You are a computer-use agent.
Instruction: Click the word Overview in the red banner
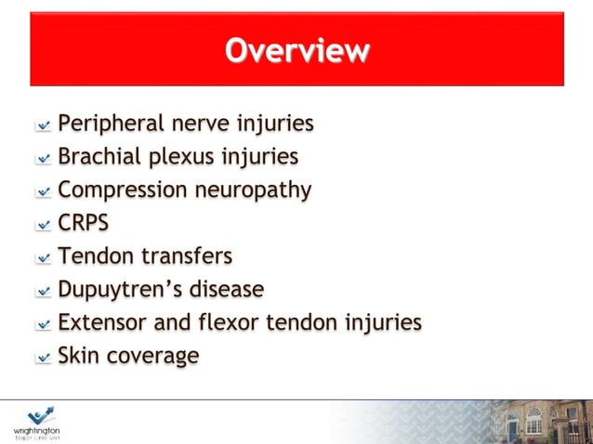296,50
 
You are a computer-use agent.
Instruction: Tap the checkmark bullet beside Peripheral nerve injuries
43,125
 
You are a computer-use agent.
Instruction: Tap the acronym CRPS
84,223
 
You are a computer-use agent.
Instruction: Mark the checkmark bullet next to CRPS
43,225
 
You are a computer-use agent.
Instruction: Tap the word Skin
80,355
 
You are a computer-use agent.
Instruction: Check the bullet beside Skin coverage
43,358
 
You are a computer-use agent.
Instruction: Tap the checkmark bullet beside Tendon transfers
43,258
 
